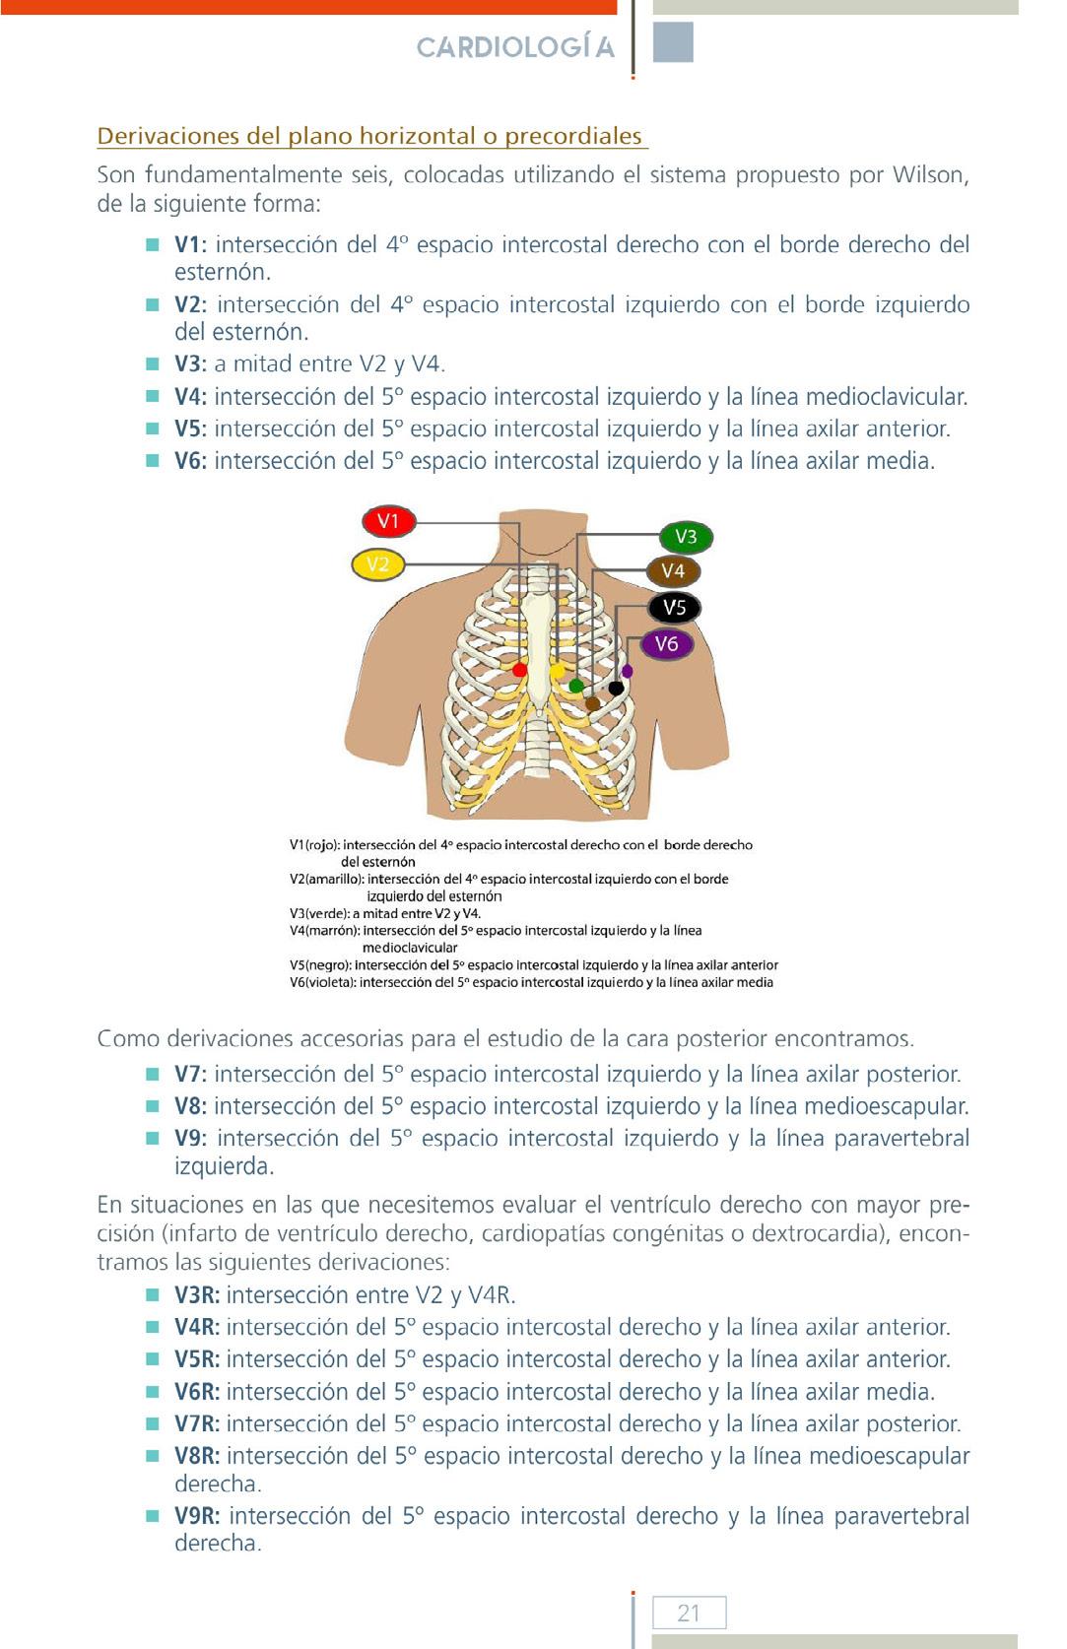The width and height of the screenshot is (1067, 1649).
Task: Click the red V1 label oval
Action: pos(388,521)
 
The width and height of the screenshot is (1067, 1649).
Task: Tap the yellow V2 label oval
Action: pos(378,564)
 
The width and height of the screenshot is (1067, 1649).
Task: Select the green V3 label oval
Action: pos(686,537)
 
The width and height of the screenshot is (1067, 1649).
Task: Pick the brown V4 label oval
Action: pos(673,571)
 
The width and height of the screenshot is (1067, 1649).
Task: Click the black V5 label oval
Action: pos(674,608)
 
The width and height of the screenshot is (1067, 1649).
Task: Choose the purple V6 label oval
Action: pos(667,644)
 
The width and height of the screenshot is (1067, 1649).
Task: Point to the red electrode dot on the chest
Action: pos(520,670)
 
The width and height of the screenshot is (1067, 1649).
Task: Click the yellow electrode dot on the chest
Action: pos(557,671)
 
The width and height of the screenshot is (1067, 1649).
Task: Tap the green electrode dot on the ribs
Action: pos(576,686)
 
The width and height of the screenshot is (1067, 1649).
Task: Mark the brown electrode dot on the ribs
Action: pos(592,703)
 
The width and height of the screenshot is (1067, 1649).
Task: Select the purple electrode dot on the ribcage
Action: pos(628,672)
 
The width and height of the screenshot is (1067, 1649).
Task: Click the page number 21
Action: pos(689,1613)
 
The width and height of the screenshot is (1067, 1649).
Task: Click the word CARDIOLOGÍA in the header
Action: pos(515,47)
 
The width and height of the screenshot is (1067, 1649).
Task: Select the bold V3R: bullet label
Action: pos(197,1295)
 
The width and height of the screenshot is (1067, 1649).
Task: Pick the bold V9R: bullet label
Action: pos(197,1516)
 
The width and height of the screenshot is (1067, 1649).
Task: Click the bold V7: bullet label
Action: pos(190,1075)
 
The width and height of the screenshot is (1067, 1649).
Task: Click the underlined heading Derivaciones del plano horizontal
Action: pos(370,136)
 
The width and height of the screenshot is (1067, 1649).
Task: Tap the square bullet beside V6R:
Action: pos(153,1391)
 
